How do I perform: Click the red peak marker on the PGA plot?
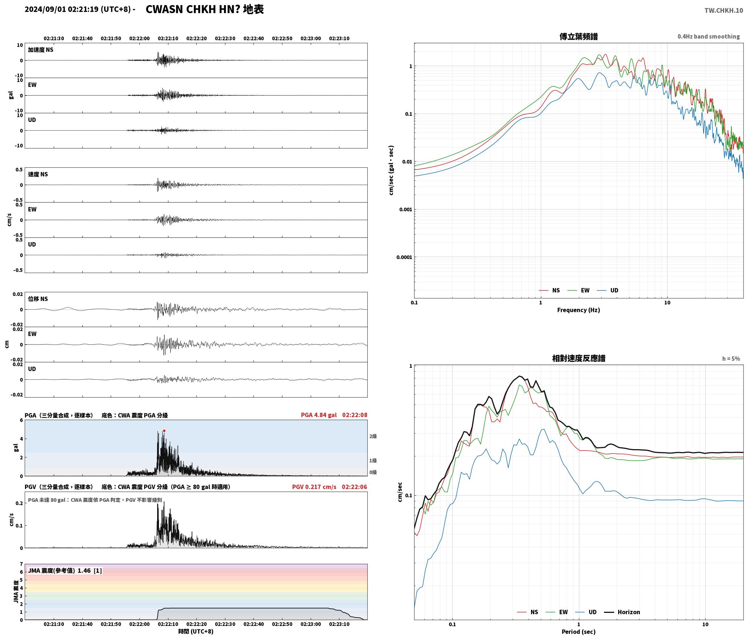coord(164,431)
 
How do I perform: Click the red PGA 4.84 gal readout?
coord(319,415)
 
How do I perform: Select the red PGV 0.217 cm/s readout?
coord(314,487)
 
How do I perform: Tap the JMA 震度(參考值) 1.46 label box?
coord(65,571)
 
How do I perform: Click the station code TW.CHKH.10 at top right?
coord(724,11)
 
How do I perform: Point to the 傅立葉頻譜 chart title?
coord(579,36)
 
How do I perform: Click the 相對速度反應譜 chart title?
coord(579,358)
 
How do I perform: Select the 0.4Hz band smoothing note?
coord(709,37)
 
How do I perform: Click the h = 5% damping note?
coord(731,359)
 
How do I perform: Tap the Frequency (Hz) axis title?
coord(579,310)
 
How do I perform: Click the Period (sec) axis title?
coord(579,632)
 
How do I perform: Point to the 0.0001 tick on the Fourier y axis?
coord(404,257)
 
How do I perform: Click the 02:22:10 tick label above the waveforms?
coord(168,38)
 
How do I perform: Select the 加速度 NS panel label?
coord(41,50)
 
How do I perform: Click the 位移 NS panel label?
coord(38,299)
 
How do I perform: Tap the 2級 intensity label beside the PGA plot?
coord(373,436)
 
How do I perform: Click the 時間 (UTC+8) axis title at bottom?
coord(196,631)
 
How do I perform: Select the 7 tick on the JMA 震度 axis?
coord(21,564)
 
